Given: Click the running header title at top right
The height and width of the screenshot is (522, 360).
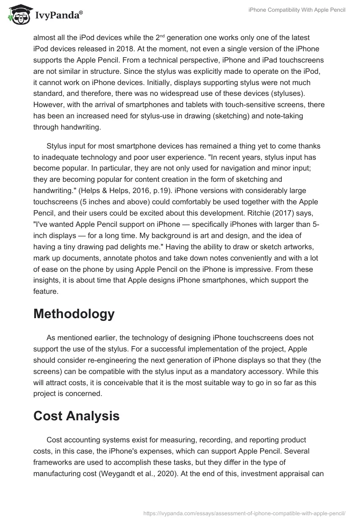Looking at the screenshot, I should click(297, 10).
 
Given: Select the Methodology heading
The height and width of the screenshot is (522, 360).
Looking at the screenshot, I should click(74, 313).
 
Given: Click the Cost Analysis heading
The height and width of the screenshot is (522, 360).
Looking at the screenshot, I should click(76, 416).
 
